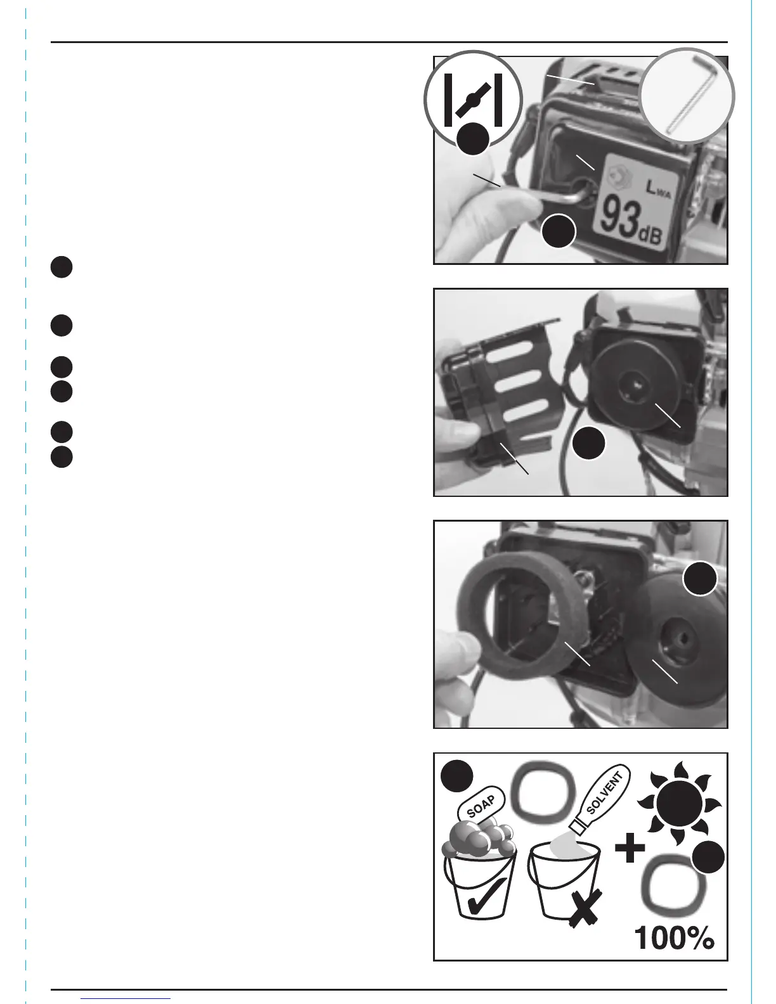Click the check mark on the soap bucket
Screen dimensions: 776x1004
click(484, 898)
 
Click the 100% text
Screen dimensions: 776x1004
click(674, 938)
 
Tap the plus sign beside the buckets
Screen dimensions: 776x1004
click(630, 849)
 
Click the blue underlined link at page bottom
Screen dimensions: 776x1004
click(126, 999)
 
